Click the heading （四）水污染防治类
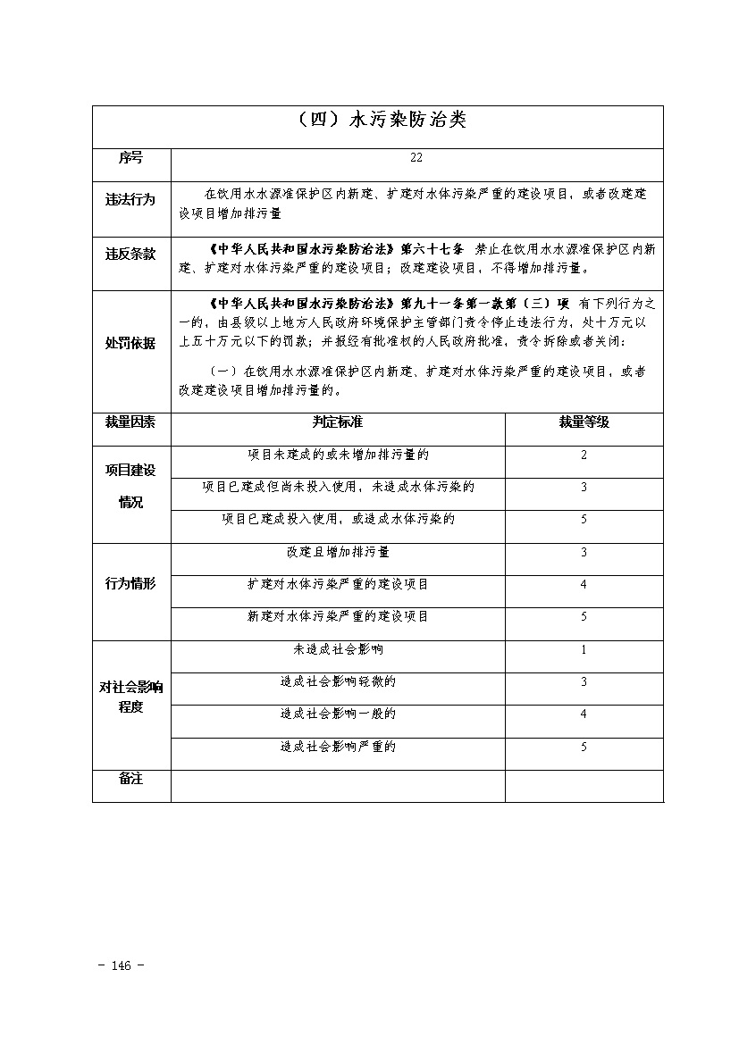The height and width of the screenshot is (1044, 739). (x=378, y=120)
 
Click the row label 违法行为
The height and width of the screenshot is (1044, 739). (x=130, y=201)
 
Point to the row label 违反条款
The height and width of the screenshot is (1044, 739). (x=130, y=255)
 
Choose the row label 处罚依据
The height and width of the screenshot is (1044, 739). (x=130, y=344)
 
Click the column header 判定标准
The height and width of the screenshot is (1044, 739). (x=338, y=422)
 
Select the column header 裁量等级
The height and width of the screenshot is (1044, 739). (x=584, y=422)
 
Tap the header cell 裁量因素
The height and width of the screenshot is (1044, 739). (x=130, y=422)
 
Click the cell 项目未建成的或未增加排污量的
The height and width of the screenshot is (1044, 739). (x=338, y=455)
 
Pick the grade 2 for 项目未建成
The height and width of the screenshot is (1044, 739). (x=584, y=455)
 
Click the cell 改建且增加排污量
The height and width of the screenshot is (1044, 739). (x=338, y=552)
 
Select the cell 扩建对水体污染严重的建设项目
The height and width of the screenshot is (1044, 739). (x=338, y=584)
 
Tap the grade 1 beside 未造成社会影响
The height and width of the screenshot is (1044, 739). (x=584, y=649)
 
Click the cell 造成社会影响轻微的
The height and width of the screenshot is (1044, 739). (x=338, y=681)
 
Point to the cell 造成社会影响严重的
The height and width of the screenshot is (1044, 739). (x=338, y=747)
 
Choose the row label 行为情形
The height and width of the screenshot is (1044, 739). (x=130, y=584)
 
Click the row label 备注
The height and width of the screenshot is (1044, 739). (x=130, y=779)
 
